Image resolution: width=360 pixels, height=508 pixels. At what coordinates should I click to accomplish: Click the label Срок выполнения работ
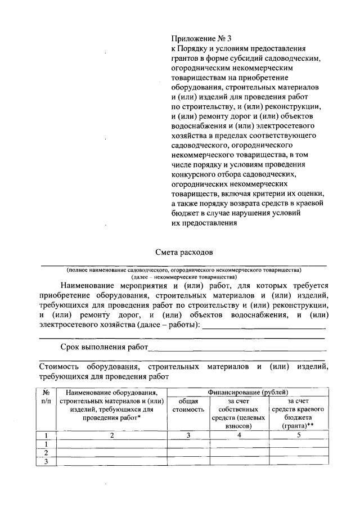tap(104, 347)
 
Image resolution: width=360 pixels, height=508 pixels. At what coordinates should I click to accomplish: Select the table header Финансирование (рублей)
tap(248, 392)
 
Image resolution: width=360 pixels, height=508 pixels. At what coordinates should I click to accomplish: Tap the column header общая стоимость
tap(188, 405)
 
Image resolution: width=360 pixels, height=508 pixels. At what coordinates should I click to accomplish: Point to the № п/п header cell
tap(47, 396)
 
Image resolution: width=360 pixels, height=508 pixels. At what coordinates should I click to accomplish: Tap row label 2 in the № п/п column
tap(47, 453)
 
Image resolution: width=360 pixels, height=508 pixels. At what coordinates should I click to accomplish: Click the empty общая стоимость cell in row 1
tap(188, 444)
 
